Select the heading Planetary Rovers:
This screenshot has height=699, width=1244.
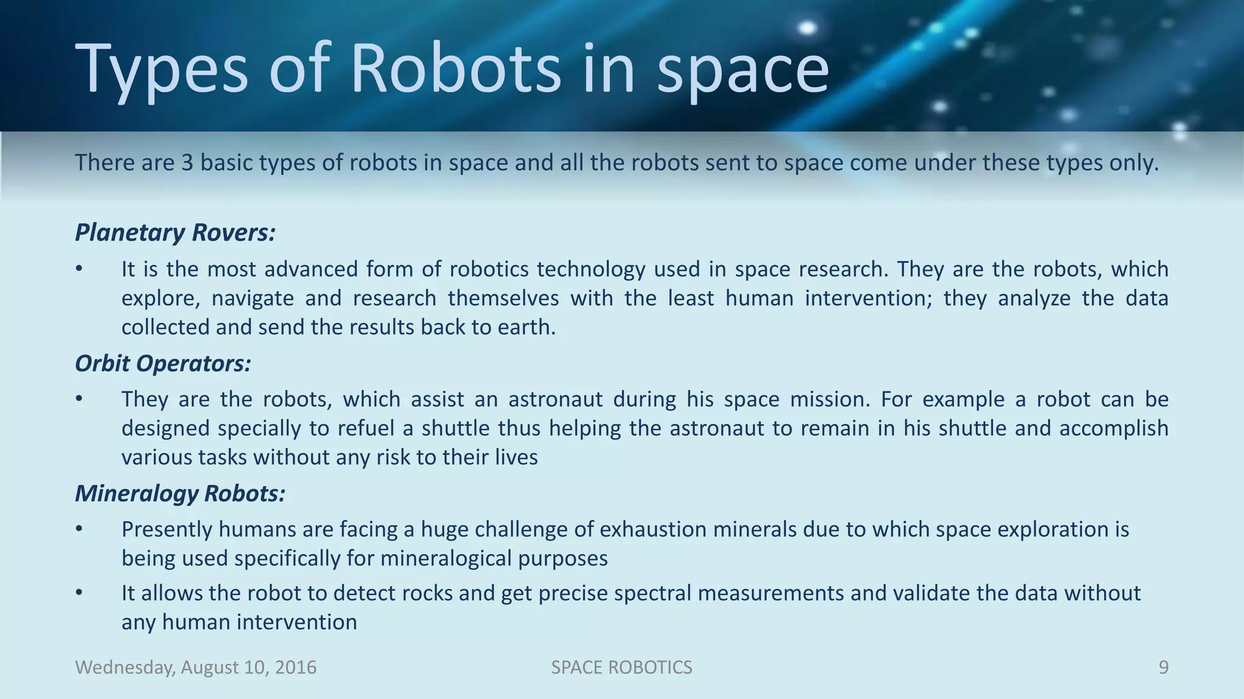click(175, 232)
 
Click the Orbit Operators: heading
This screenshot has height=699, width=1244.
click(163, 363)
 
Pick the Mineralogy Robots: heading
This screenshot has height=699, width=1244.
click(180, 493)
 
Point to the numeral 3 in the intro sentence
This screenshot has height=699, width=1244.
click(187, 163)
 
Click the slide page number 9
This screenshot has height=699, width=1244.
click(1163, 667)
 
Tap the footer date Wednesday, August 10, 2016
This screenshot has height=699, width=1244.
click(196, 667)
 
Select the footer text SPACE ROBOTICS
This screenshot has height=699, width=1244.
click(621, 667)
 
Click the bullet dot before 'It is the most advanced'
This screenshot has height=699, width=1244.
click(78, 269)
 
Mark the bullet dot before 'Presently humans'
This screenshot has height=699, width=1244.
click(78, 529)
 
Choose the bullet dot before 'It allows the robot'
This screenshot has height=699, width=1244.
click(78, 593)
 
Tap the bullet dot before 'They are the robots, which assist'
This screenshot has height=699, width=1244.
click(78, 399)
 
